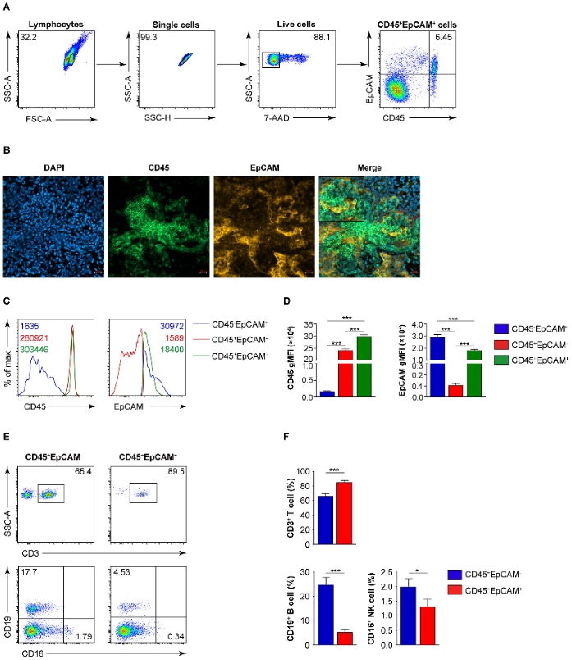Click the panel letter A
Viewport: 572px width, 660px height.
(x=7, y=7)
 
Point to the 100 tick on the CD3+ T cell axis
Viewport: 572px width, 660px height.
(x=302, y=472)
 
